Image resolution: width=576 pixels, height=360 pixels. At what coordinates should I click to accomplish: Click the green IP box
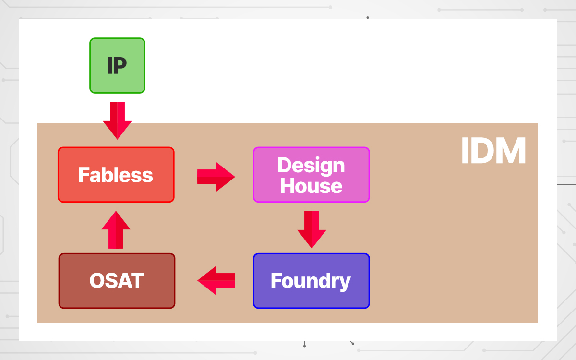(x=117, y=65)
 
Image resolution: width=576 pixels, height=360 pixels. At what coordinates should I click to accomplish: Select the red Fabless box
(x=116, y=175)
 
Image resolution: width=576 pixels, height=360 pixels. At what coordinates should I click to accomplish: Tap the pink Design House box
(x=311, y=175)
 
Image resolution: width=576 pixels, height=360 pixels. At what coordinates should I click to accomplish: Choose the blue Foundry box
(x=311, y=281)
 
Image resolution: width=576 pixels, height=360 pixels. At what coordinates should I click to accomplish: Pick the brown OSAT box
(x=117, y=281)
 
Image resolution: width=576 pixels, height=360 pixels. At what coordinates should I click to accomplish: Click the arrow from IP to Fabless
(x=117, y=120)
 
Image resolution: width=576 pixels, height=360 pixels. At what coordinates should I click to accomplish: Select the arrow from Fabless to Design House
(x=216, y=177)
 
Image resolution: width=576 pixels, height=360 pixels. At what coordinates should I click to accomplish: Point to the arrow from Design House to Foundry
(x=312, y=229)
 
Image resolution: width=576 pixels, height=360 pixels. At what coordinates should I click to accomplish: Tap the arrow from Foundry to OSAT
(x=216, y=280)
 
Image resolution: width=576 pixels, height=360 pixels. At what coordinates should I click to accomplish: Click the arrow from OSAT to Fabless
(x=116, y=230)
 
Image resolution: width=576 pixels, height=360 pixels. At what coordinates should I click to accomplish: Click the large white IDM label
(x=493, y=152)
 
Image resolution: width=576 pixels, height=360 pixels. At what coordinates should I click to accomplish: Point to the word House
(x=311, y=186)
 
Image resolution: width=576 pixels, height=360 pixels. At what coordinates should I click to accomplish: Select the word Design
(x=311, y=166)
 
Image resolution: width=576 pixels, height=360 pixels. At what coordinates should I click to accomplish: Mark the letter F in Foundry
(x=276, y=281)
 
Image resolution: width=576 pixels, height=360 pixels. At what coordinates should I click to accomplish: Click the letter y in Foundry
(x=346, y=283)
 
